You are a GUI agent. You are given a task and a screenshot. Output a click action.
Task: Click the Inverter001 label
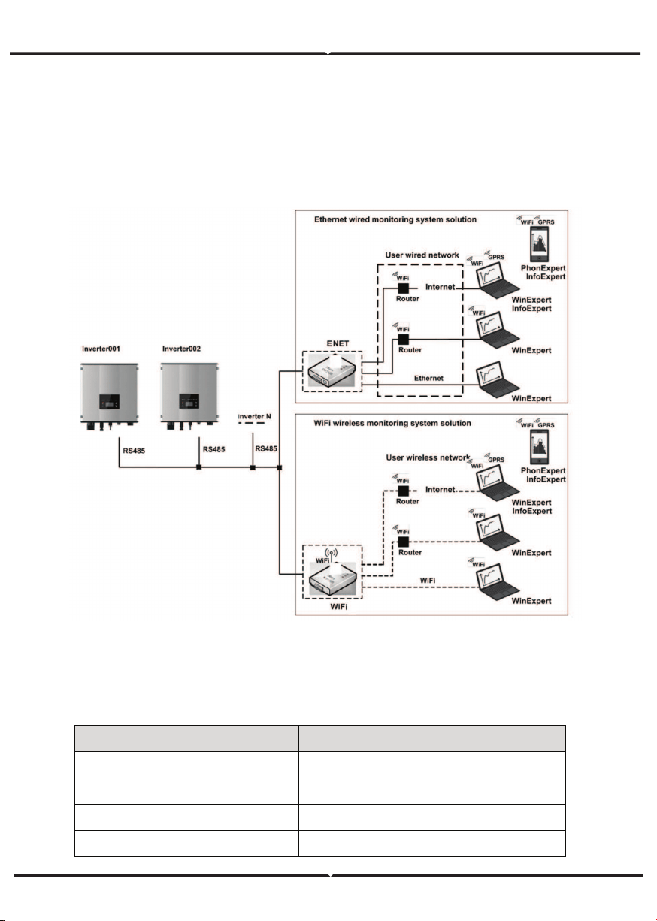coord(101,349)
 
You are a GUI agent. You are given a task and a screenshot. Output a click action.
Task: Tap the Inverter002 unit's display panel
coord(189,401)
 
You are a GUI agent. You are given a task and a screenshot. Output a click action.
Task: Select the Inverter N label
coord(254,416)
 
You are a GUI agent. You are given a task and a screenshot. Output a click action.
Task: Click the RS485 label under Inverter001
coord(134,451)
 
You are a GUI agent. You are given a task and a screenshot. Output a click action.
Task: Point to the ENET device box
coord(332,371)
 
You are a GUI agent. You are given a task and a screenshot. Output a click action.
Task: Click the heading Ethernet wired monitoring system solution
coord(395,219)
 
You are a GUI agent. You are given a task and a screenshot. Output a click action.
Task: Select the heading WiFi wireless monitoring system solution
coord(392,423)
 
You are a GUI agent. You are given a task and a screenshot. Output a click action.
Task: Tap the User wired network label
coord(422,255)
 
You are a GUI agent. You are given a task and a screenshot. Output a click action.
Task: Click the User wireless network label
coord(428,457)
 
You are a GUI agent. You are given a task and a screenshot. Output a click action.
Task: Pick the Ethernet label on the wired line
coord(428,379)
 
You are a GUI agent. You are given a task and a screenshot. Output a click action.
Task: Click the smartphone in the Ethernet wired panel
coord(539,244)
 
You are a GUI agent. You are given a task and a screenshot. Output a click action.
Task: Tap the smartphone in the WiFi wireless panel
coord(539,447)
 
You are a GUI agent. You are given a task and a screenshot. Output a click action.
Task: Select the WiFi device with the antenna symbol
coord(332,572)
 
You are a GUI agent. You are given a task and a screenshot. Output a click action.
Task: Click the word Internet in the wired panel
coord(441,287)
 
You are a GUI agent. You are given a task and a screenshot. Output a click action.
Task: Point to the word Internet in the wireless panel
coord(441,489)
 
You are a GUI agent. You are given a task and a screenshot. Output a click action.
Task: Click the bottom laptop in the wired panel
coord(497,379)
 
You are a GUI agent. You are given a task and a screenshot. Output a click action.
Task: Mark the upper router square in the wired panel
coord(403,288)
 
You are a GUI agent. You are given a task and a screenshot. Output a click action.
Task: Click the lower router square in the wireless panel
coord(404,542)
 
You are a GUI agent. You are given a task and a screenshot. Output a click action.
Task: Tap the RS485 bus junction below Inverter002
coord(198,467)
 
